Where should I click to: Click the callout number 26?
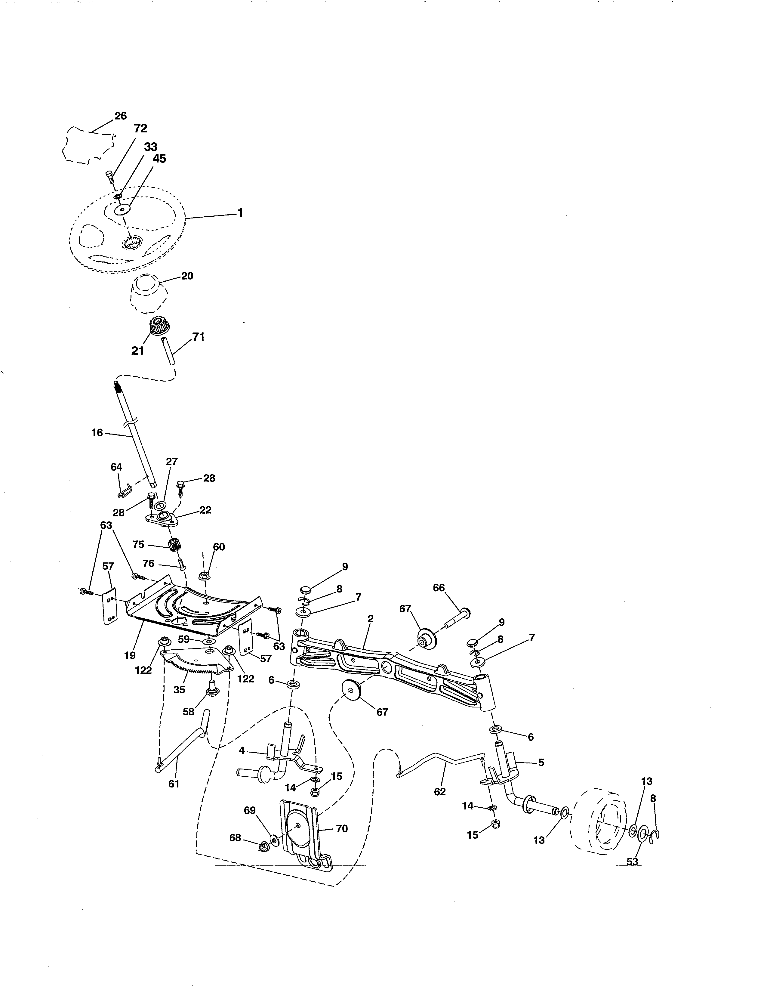point(120,116)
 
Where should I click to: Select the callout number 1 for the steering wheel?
point(240,212)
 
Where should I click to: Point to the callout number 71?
point(199,337)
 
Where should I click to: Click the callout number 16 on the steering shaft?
point(97,432)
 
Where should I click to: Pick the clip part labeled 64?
point(125,491)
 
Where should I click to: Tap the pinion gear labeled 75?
point(173,544)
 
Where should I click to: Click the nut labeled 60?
point(204,576)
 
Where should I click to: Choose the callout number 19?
point(130,655)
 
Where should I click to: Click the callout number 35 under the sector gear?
point(180,689)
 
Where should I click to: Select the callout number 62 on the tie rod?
point(440,792)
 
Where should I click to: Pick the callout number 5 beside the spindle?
point(541,763)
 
